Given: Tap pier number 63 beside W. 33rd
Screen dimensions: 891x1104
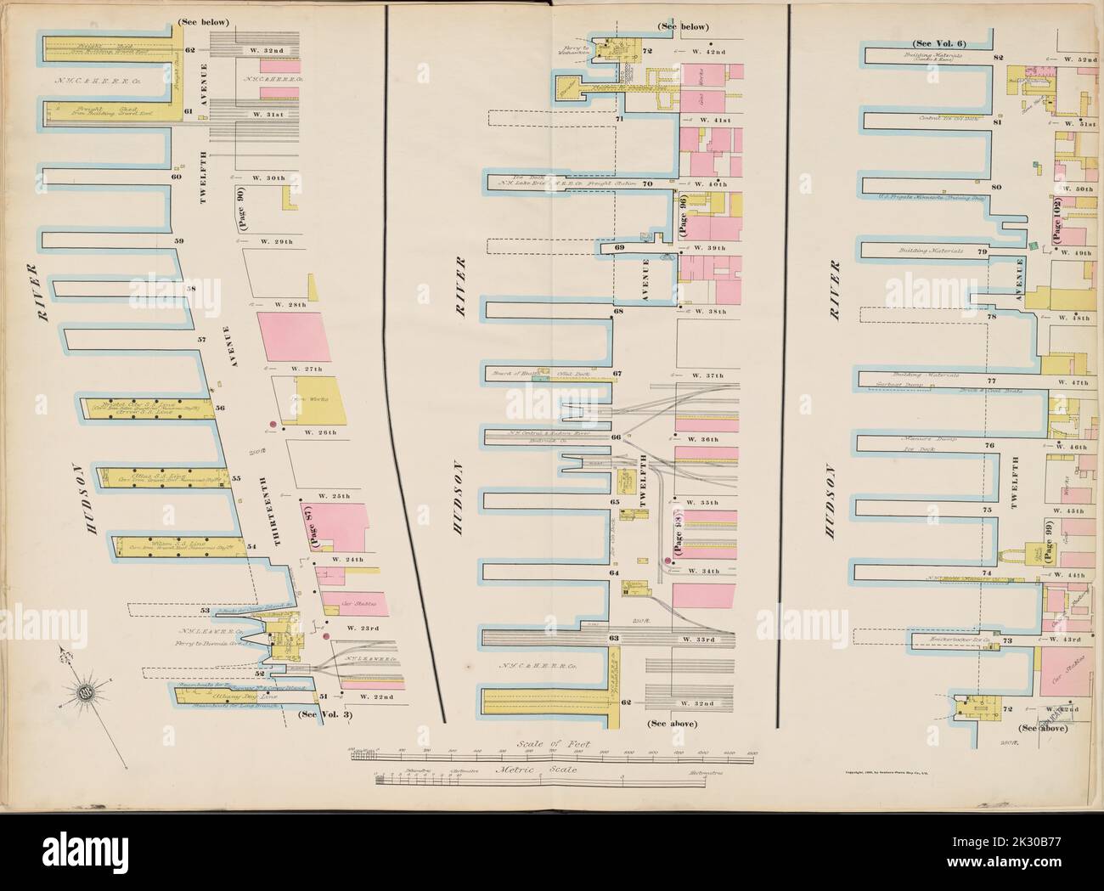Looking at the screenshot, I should click(613, 637).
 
